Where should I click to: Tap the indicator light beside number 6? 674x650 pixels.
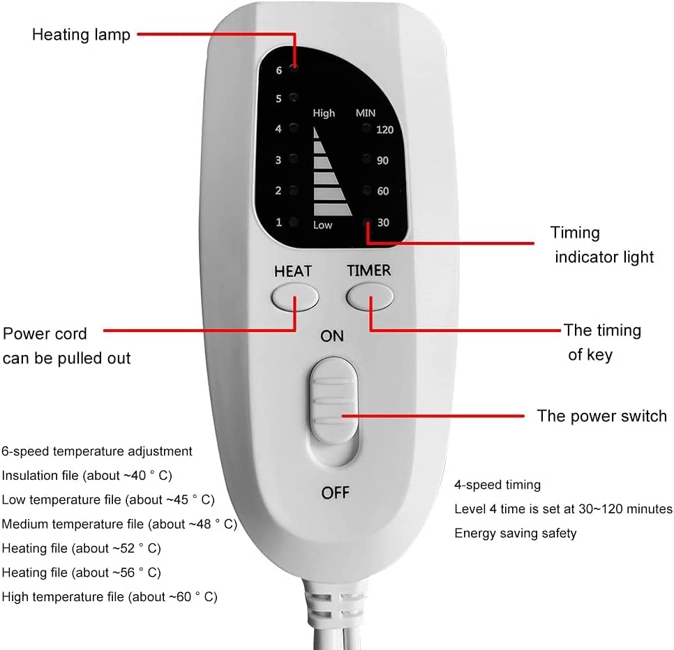[295, 68]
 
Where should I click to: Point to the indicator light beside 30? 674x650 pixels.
[367, 222]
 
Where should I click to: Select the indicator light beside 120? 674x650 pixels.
[366, 129]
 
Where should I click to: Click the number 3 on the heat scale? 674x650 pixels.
[278, 160]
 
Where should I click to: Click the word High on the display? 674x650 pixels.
[324, 113]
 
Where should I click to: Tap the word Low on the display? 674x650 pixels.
[322, 225]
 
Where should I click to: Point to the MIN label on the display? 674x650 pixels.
[366, 113]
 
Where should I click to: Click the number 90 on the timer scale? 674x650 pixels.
[382, 160]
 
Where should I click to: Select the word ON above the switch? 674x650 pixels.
[332, 336]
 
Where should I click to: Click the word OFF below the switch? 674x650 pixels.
[335, 493]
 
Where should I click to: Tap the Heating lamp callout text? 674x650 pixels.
[81, 34]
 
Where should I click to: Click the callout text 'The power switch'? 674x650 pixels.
[601, 416]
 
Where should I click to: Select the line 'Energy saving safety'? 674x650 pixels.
[516, 534]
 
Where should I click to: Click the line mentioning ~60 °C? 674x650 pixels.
[110, 597]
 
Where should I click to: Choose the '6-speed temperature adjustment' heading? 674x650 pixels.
[97, 452]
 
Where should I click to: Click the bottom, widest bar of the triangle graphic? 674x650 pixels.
[334, 209]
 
